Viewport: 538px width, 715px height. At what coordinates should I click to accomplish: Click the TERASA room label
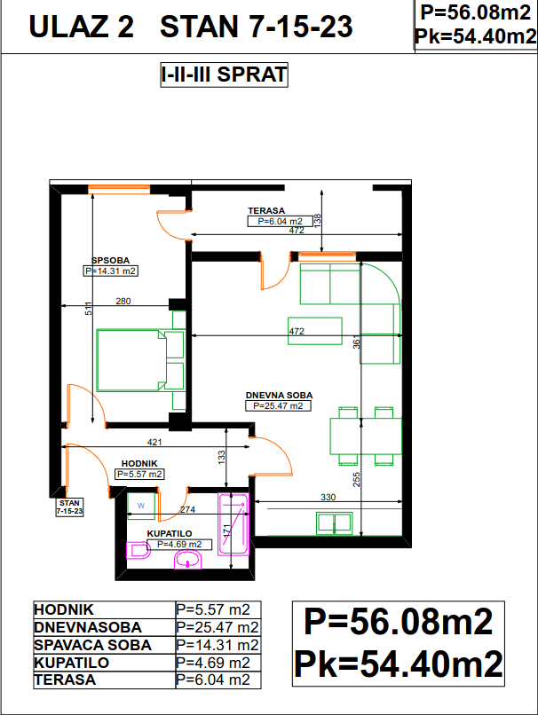pyautogui.click(x=266, y=210)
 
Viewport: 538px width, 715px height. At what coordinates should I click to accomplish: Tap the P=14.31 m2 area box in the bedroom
pyautogui.click(x=110, y=271)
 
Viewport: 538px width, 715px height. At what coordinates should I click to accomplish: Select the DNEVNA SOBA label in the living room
pyautogui.click(x=279, y=396)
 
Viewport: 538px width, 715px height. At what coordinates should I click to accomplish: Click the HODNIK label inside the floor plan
pyautogui.click(x=139, y=464)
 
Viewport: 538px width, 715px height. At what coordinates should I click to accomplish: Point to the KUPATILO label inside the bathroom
pyautogui.click(x=170, y=533)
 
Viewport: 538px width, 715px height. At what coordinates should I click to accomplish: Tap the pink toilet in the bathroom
pyautogui.click(x=138, y=550)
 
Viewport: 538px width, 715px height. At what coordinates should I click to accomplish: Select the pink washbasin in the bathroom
pyautogui.click(x=187, y=560)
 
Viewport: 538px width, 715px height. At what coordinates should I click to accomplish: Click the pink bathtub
pyautogui.click(x=233, y=523)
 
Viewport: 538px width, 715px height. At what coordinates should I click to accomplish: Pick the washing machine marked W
pyautogui.click(x=141, y=506)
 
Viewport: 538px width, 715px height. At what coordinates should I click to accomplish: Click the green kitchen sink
pyautogui.click(x=335, y=523)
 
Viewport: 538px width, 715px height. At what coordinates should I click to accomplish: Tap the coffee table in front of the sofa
pyautogui.click(x=315, y=331)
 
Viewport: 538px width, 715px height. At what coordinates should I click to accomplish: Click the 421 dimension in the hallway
pyautogui.click(x=154, y=442)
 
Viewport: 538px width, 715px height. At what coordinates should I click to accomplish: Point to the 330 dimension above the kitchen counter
pyautogui.click(x=328, y=497)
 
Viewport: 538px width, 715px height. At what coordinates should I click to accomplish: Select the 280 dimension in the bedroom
pyautogui.click(x=123, y=301)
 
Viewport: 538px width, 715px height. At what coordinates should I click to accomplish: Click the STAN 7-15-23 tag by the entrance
pyautogui.click(x=69, y=507)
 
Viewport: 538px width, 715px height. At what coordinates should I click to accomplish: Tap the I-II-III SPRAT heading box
pyautogui.click(x=224, y=75)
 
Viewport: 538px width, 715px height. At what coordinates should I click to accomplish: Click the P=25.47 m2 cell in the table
pyautogui.click(x=218, y=627)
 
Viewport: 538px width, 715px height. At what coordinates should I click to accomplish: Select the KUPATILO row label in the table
pyautogui.click(x=72, y=663)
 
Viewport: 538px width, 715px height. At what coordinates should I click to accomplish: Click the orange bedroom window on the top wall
pyautogui.click(x=119, y=189)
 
